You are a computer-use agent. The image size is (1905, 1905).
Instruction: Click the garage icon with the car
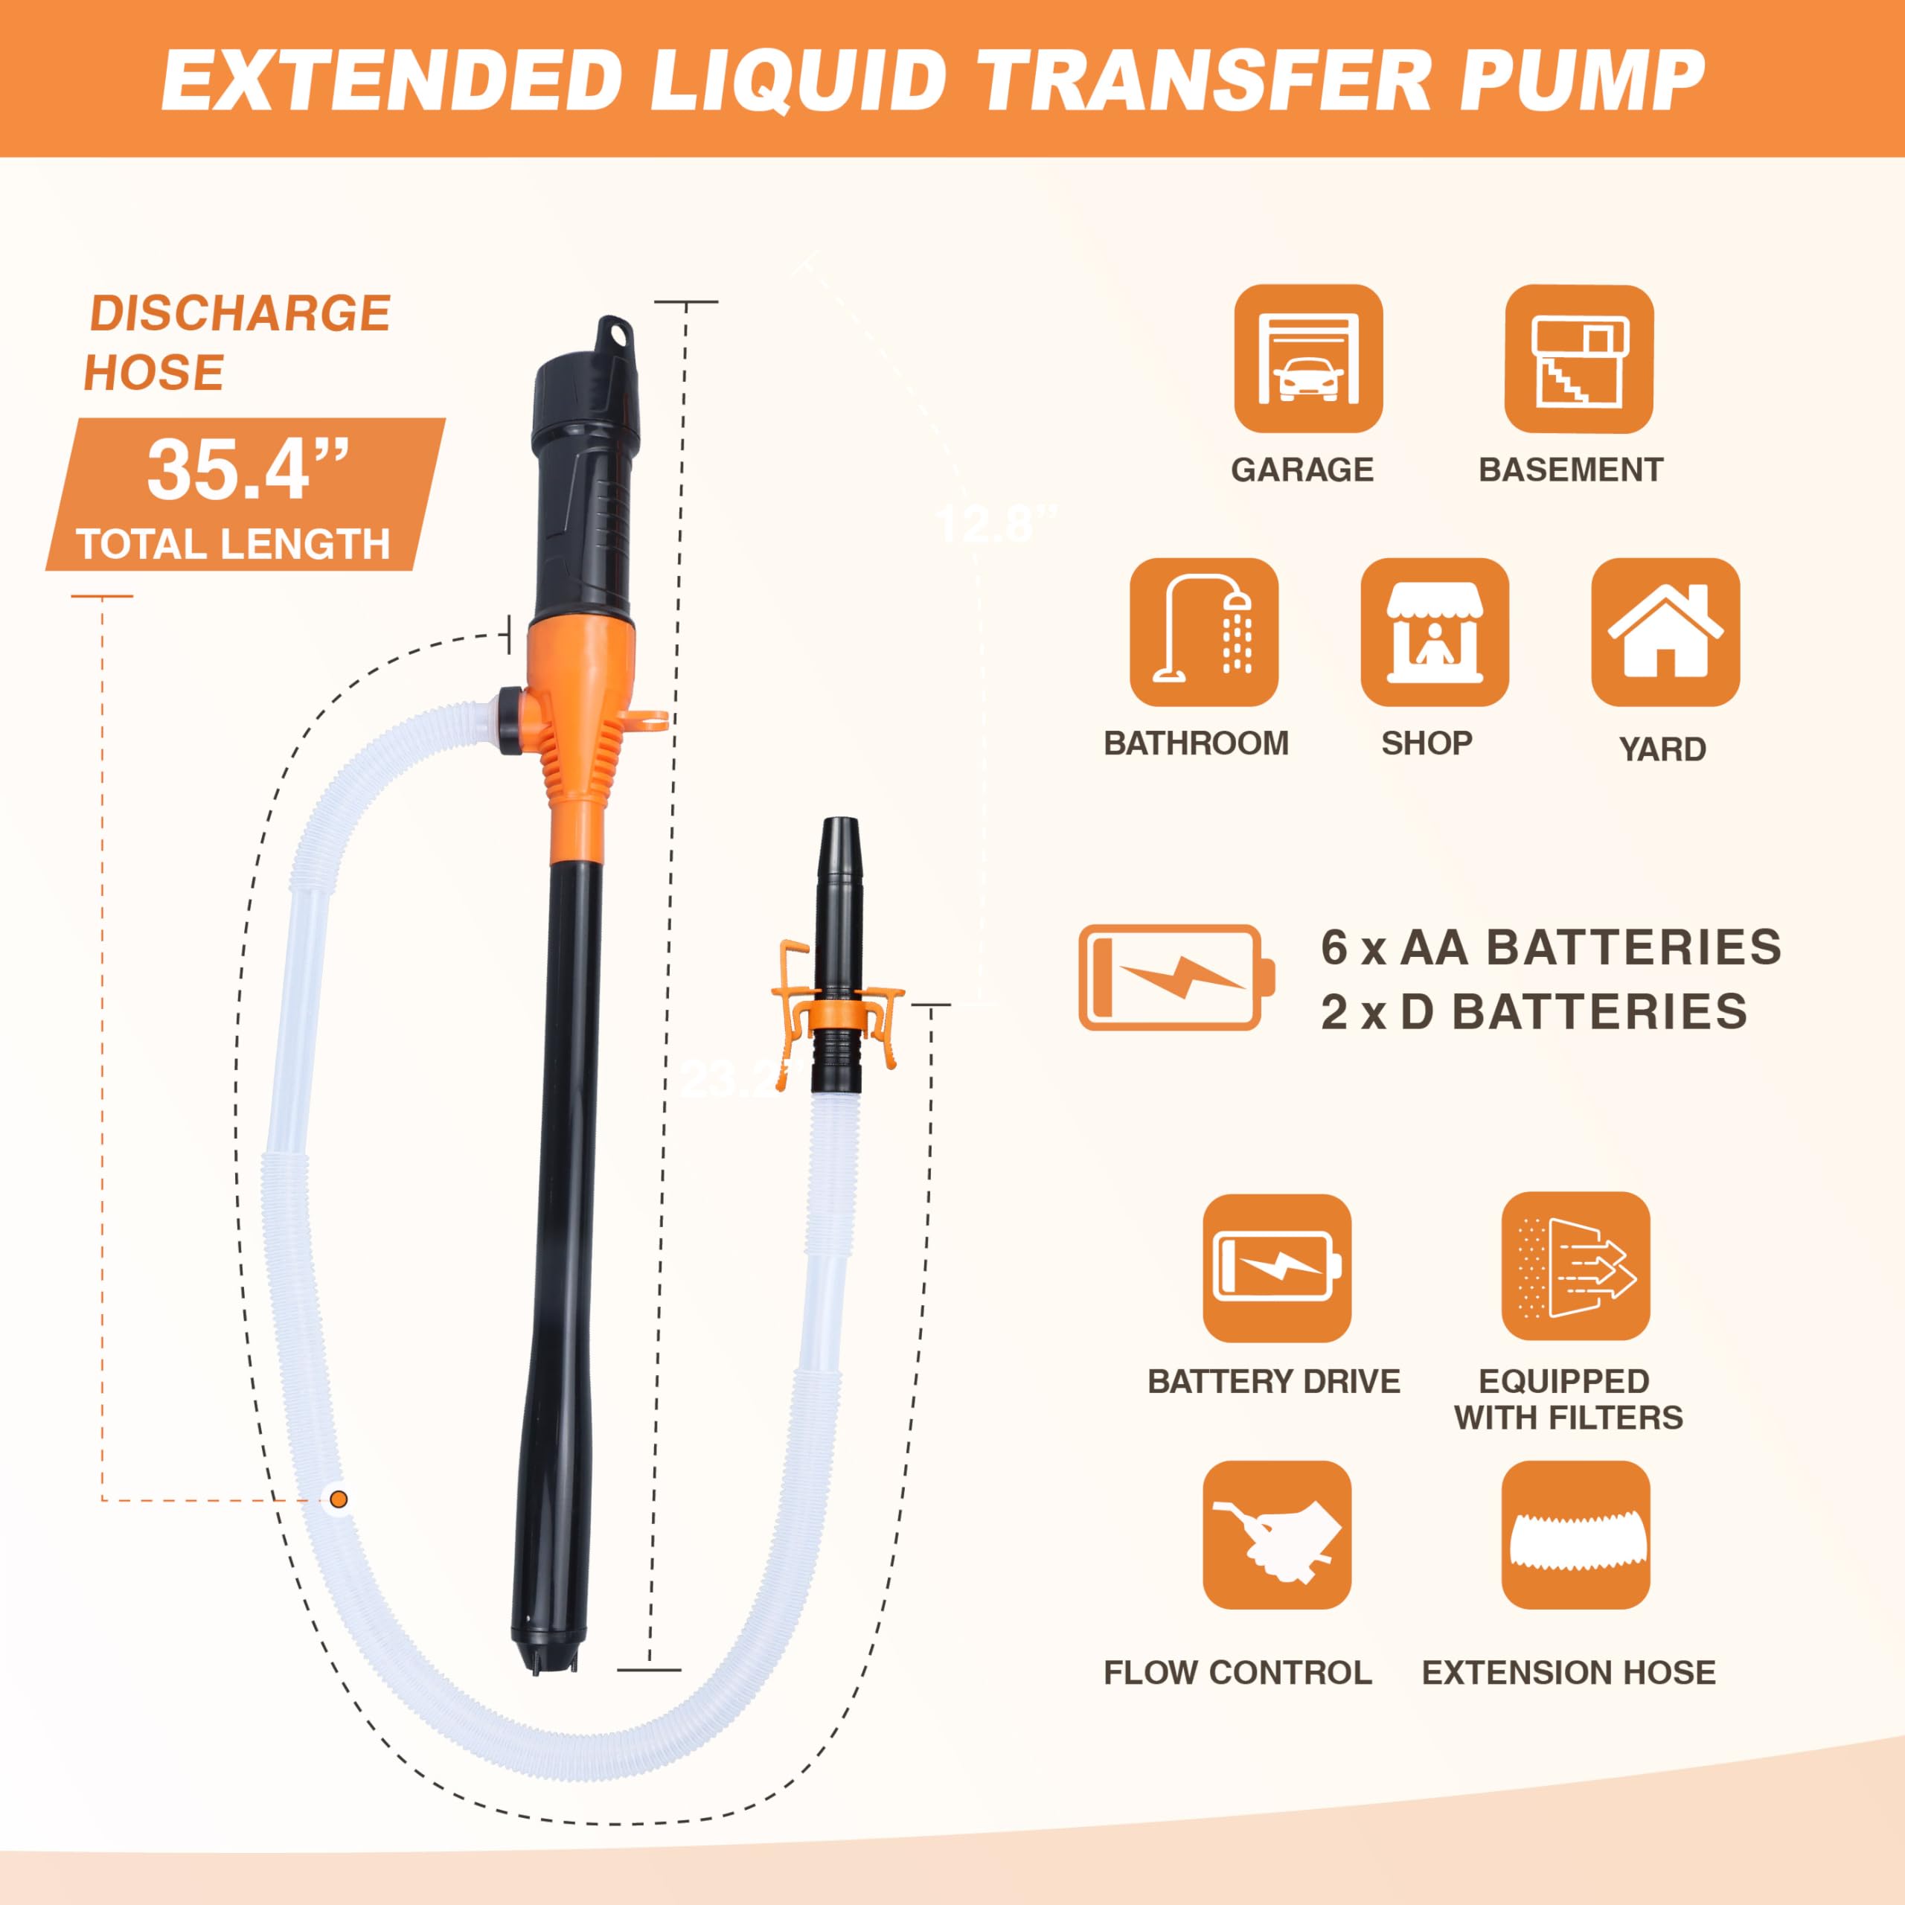click(1308, 358)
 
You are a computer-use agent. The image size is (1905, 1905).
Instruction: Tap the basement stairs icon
click(1578, 359)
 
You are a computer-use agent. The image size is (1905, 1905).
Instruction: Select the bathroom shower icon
click(1204, 632)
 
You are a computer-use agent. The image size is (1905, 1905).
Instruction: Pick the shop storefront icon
click(1435, 632)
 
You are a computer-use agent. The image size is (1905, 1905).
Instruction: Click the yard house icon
click(1665, 632)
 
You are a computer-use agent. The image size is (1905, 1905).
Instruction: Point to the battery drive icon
click(1277, 1268)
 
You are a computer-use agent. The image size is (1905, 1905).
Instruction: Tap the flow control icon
click(1277, 1535)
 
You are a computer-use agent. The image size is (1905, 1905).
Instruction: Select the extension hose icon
click(1575, 1535)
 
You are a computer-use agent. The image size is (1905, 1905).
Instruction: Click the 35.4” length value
click(248, 470)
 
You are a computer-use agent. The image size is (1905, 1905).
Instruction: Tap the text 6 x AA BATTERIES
click(1551, 947)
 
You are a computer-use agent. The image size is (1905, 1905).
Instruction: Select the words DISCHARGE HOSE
click(237, 342)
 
